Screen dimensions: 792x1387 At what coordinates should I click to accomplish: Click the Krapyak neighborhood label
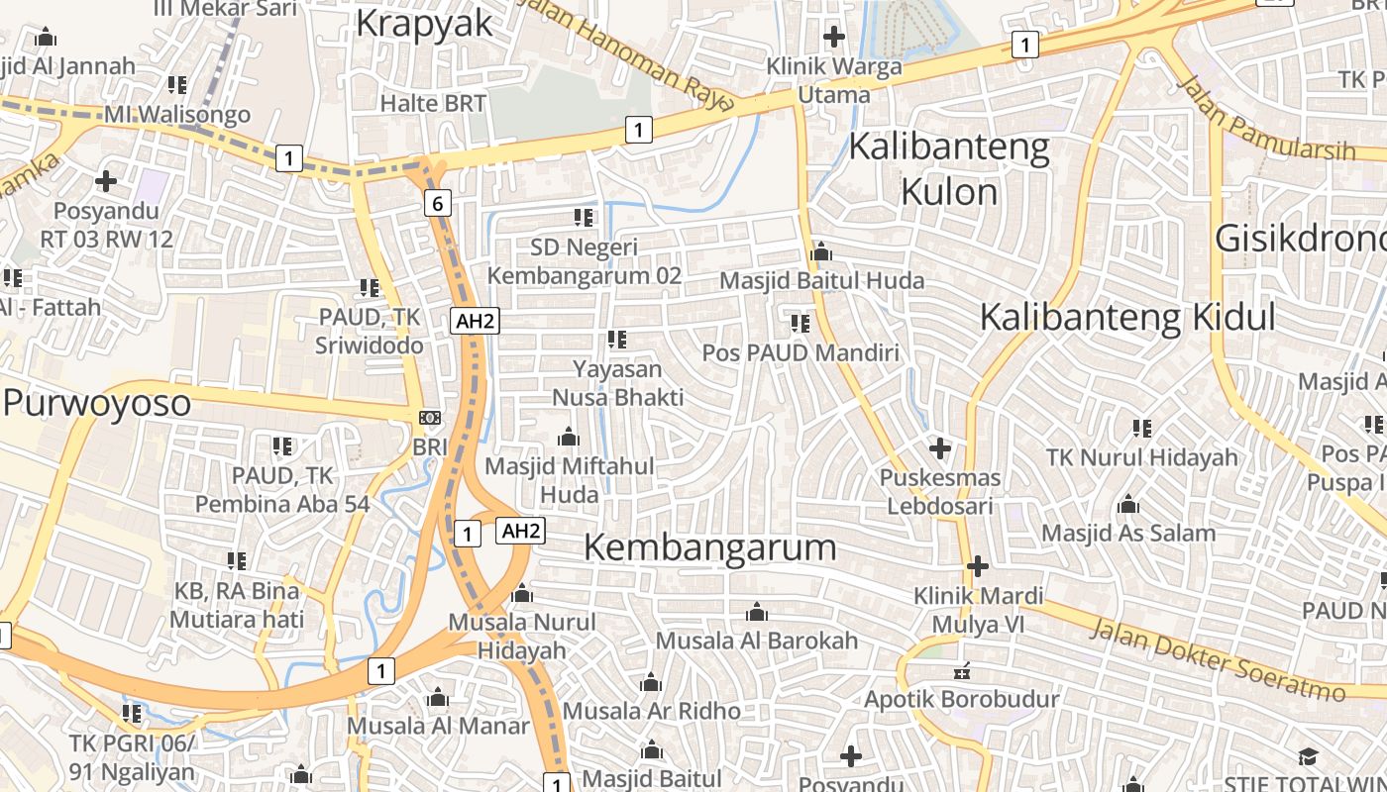424,22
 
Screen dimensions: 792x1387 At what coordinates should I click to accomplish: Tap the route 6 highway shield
437,203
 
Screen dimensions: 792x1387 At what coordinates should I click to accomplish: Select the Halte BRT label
433,102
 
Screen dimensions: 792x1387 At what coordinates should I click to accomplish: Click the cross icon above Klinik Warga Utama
834,38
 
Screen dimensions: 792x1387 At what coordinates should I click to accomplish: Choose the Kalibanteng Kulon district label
949,168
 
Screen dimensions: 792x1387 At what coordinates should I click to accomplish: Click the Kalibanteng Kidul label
1127,317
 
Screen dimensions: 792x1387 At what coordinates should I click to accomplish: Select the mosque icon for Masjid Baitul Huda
820,252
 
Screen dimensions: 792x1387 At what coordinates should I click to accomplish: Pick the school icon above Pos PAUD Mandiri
800,324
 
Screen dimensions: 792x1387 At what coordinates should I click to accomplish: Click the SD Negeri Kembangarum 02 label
585,260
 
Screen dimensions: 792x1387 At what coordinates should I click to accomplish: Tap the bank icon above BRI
430,418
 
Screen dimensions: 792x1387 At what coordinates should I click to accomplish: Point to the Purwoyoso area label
96,403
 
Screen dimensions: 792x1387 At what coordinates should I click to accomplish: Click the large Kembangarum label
710,546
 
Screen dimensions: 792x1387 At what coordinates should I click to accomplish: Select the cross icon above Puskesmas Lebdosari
940,449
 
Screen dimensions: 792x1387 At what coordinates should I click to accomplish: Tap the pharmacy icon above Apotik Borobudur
961,672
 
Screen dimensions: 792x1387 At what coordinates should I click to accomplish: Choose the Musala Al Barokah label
757,641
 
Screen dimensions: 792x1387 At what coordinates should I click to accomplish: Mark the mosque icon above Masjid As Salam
1127,505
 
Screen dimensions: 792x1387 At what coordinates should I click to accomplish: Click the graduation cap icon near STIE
1308,757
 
